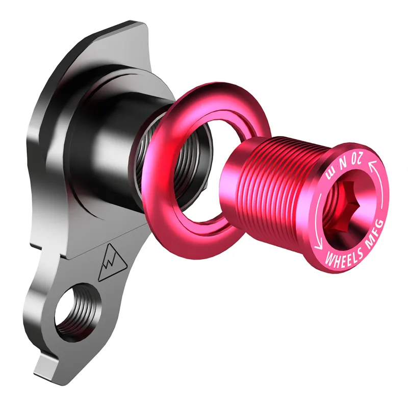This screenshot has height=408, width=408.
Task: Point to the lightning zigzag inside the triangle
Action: click(109, 265)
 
